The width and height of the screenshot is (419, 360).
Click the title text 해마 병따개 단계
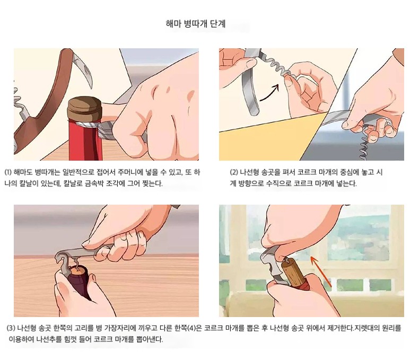tap(196, 24)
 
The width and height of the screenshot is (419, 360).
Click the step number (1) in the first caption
tap(8, 172)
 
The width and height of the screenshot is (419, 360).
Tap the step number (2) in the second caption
tap(234, 172)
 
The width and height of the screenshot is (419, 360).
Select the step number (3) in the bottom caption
tap(11, 328)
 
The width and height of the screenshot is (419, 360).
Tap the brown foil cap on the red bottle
tap(84, 109)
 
